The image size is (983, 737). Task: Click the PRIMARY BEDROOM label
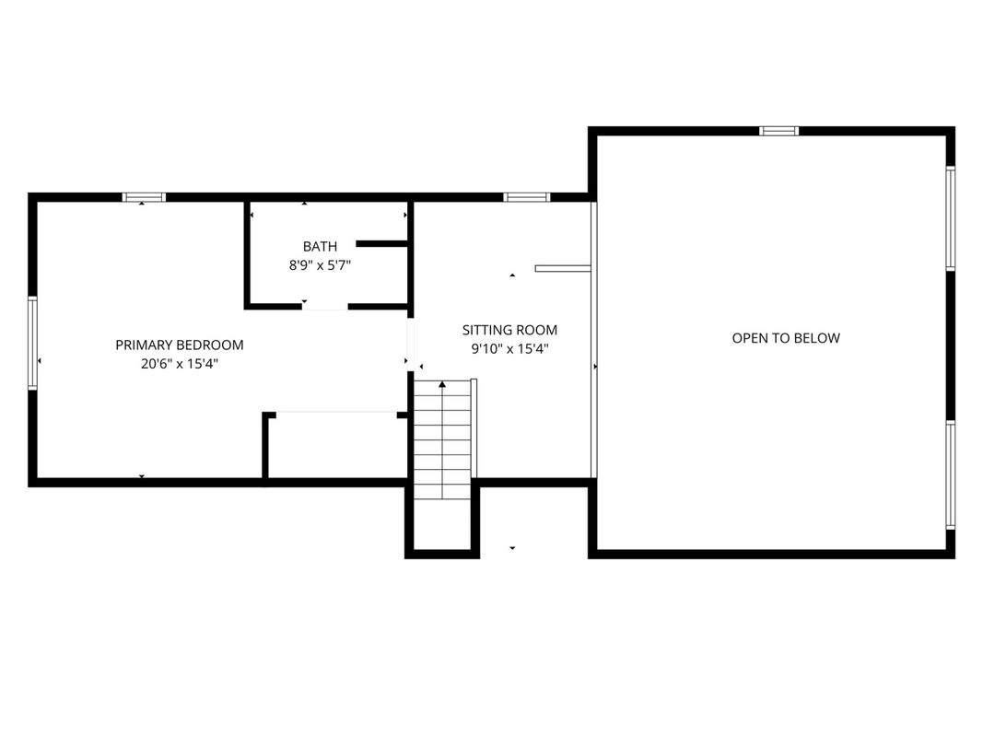click(180, 345)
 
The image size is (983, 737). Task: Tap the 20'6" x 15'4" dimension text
click(180, 364)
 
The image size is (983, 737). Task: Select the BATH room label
click(320, 246)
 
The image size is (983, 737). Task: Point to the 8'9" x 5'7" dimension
click(320, 265)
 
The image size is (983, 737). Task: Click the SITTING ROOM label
click(509, 330)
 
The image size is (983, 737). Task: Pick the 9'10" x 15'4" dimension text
click(509, 348)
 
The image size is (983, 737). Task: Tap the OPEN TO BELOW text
click(786, 338)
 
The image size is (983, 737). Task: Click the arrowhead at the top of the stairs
click(442, 383)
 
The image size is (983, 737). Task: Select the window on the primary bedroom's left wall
click(32, 343)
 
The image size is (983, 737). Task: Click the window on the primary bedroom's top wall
click(145, 197)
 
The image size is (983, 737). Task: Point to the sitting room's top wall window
click(527, 197)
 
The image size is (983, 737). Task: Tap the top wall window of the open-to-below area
click(778, 131)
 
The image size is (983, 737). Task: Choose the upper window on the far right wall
click(951, 218)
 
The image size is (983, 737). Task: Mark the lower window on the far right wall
click(951, 475)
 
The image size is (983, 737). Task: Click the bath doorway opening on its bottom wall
click(324, 307)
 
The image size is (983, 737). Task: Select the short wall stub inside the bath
click(381, 244)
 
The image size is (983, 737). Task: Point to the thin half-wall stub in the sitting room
click(563, 268)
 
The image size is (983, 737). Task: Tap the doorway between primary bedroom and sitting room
click(411, 345)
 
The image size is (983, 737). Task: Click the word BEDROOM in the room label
click(211, 345)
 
